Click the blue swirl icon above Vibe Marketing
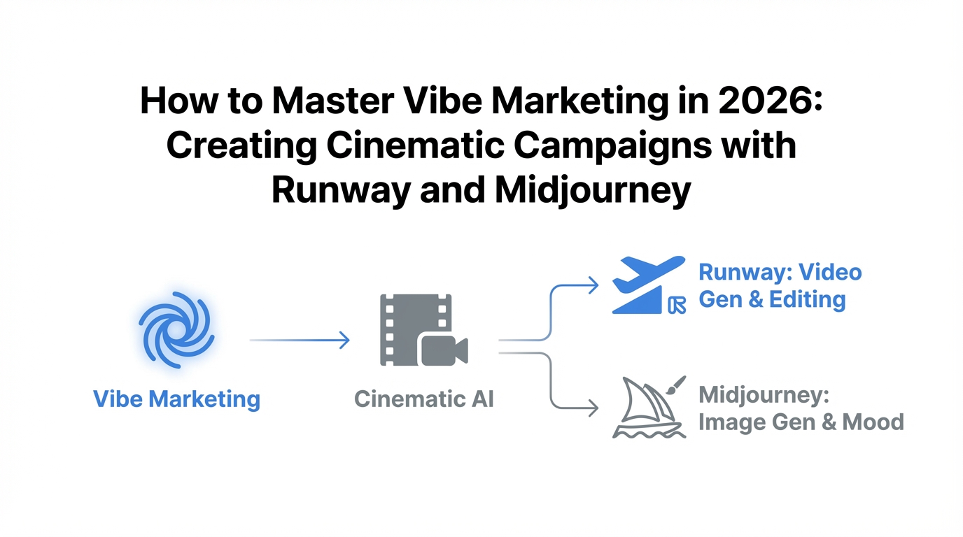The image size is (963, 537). [x=176, y=329]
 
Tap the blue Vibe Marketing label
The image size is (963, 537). [x=176, y=400]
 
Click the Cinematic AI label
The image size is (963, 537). [x=423, y=399]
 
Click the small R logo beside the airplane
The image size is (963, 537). [x=677, y=305]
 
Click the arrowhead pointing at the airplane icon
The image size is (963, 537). [x=593, y=285]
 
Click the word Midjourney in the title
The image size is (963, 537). [x=592, y=191]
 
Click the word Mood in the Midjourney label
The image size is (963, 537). [x=873, y=422]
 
